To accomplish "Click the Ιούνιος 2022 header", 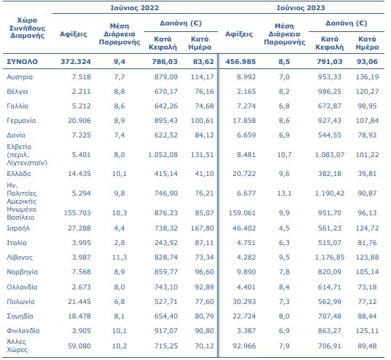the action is click(x=135, y=8).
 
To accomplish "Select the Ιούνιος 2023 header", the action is click(x=301, y=8).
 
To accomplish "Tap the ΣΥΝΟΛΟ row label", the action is click(x=22, y=62).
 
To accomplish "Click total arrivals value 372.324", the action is click(x=76, y=62).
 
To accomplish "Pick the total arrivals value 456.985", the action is click(x=240, y=62).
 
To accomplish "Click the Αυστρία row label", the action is click(x=20, y=77).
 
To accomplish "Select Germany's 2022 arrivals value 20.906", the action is click(x=79, y=121).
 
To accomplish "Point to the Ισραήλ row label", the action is click(x=18, y=228).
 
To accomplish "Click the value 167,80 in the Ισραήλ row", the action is click(x=202, y=228).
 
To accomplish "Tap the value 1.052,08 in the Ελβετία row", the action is click(x=163, y=155).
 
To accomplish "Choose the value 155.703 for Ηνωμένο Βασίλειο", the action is click(x=77, y=213).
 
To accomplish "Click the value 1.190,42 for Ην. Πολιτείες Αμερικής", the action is click(x=329, y=193).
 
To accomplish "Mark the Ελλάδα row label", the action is click(x=19, y=174).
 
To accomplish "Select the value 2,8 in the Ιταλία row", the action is click(x=119, y=243).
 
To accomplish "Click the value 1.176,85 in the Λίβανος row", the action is click(x=329, y=257).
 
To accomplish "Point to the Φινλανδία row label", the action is click(x=23, y=331).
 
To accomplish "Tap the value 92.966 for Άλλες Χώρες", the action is click(x=244, y=346).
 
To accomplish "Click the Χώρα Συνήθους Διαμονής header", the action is click(x=27, y=28).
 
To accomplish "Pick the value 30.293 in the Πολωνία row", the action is click(x=244, y=302).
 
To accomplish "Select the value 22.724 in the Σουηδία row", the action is click(x=244, y=316).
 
